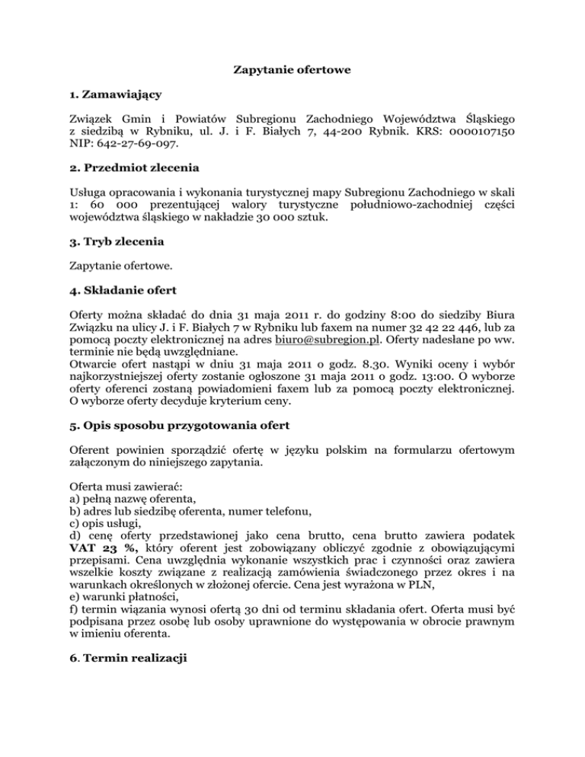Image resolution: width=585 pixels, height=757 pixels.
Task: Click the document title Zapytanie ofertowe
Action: coord(292,72)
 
